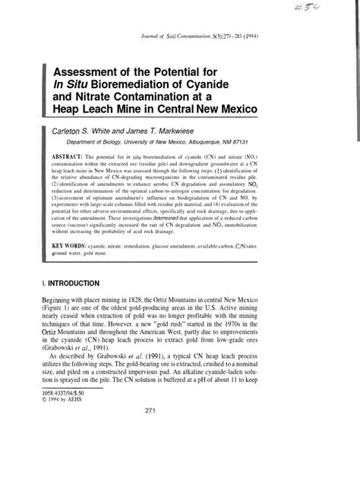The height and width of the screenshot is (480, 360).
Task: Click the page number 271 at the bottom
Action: (x=180, y=454)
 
